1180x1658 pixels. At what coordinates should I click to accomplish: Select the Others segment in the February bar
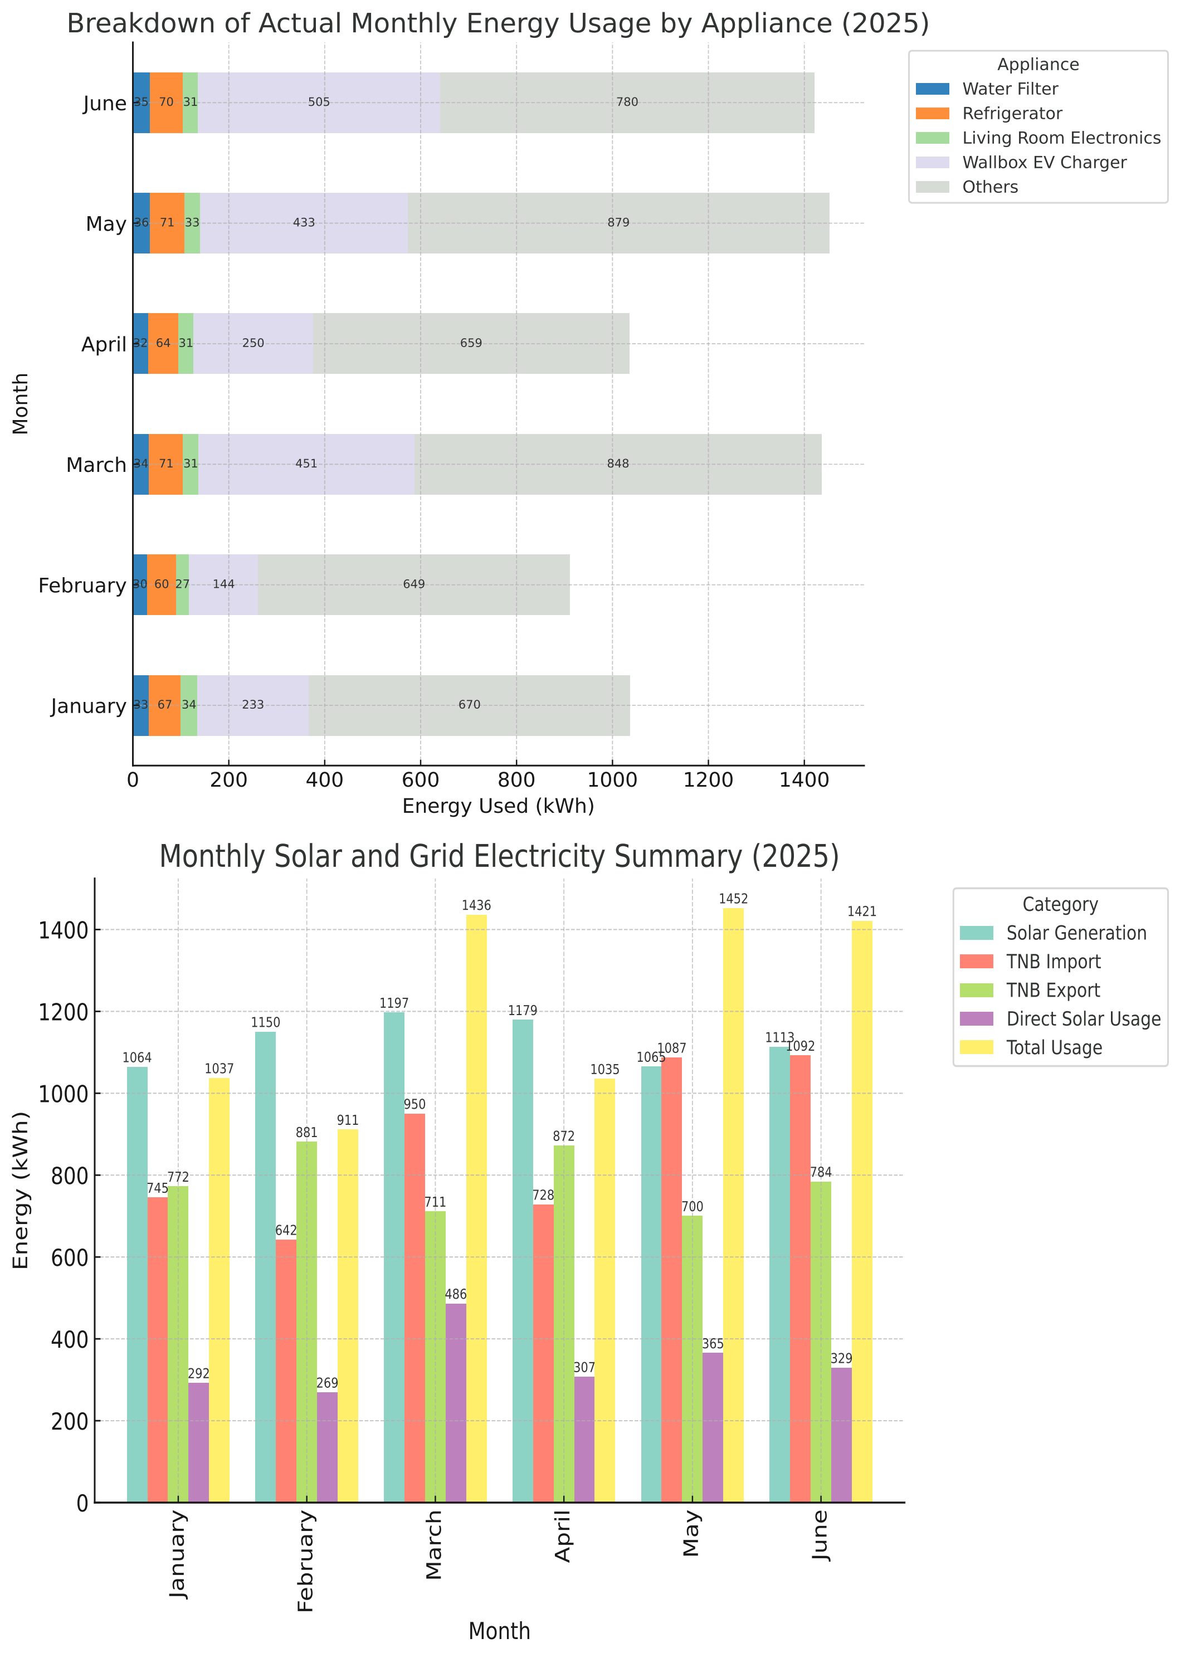point(413,585)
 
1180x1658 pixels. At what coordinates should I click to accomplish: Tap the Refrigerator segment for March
point(165,464)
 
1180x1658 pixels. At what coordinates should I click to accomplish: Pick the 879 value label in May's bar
point(618,223)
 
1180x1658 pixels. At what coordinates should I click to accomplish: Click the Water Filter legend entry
point(1010,89)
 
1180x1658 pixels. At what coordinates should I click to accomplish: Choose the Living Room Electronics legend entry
point(1061,138)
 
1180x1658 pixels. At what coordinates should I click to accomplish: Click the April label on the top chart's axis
point(104,344)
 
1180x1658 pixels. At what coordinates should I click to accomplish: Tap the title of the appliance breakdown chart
point(498,24)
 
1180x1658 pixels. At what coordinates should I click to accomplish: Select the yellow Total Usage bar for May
point(733,1206)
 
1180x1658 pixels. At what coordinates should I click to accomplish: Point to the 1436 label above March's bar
point(476,906)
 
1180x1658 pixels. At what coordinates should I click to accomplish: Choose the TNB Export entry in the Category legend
point(1053,991)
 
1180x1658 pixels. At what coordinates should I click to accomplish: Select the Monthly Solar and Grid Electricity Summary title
point(499,857)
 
